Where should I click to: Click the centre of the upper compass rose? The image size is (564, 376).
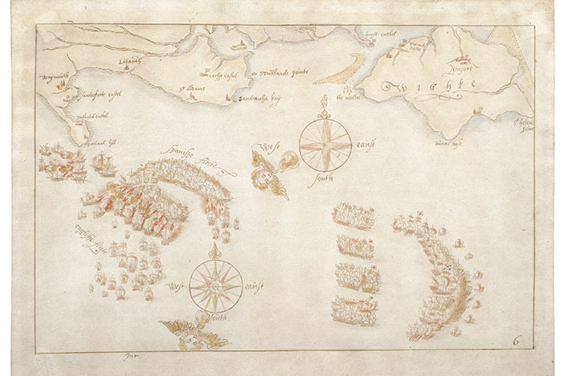[x=325, y=145]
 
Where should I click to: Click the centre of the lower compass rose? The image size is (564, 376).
[x=215, y=284]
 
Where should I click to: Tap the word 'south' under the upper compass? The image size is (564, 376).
[x=325, y=181]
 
